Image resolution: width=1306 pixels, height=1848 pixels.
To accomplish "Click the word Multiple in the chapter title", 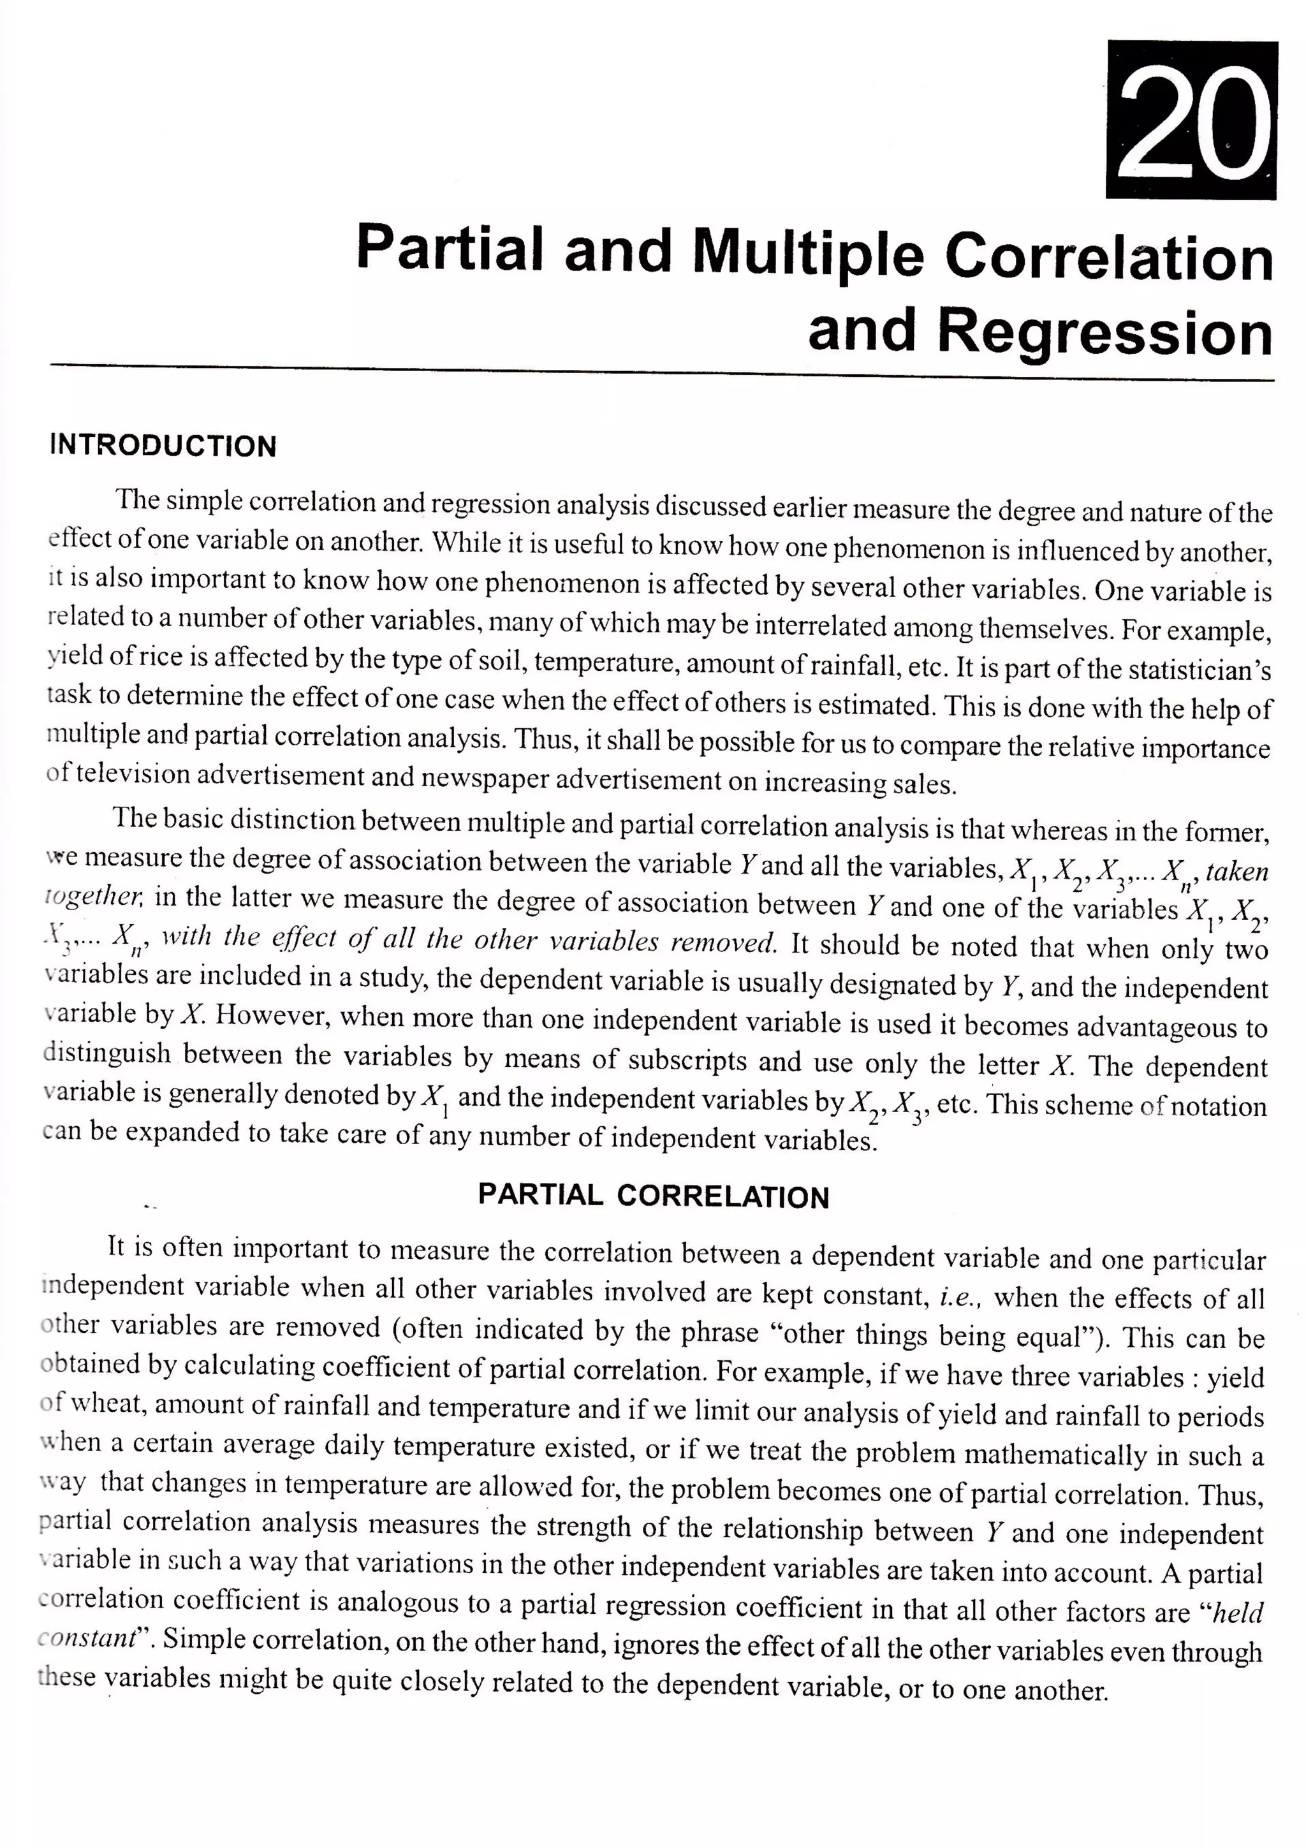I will click(x=809, y=252).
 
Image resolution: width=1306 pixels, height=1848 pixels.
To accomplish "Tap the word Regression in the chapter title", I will click(x=1104, y=332).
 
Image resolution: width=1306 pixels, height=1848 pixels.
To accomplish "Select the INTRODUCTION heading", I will click(x=163, y=446).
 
